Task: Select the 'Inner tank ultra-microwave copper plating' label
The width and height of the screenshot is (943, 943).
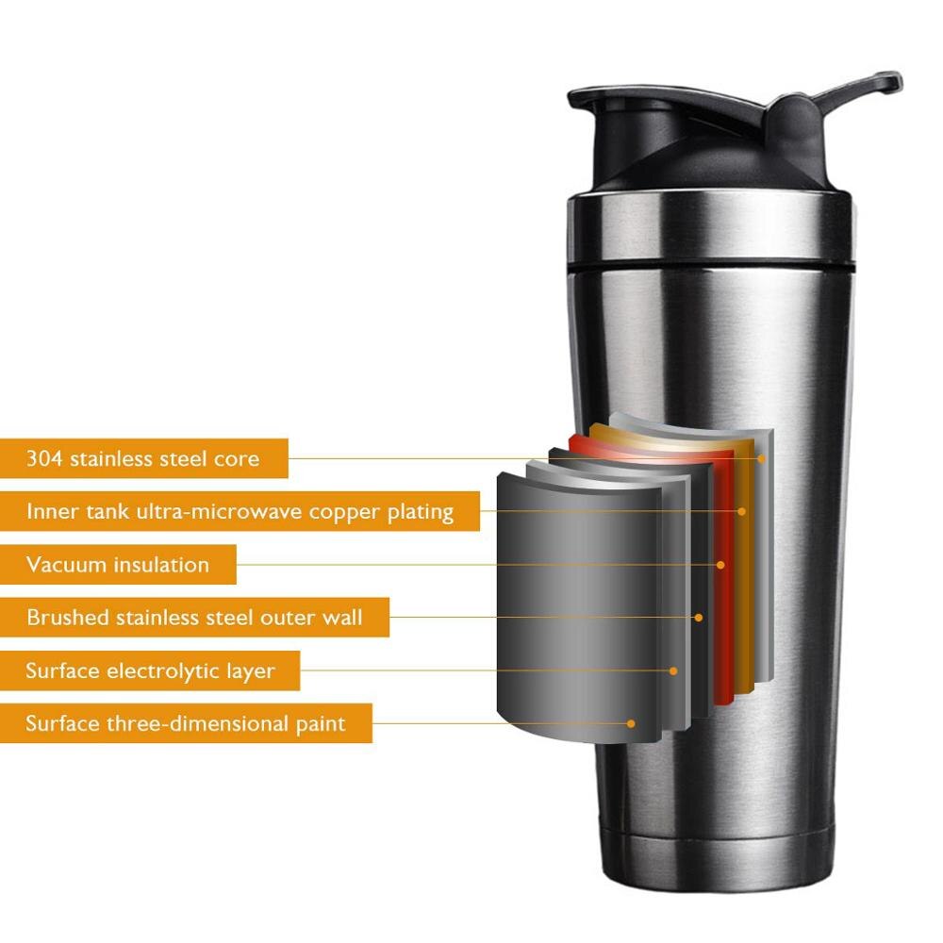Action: (x=240, y=512)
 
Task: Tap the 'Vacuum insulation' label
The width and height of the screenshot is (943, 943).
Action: (x=118, y=565)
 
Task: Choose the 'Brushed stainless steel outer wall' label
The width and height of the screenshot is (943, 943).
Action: (x=194, y=618)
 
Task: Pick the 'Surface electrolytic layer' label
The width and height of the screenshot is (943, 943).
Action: (x=150, y=671)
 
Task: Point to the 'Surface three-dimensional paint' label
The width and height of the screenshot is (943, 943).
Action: (x=186, y=724)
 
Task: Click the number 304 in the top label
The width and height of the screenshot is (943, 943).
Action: (x=43, y=459)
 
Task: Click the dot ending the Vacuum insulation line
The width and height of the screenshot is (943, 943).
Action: (x=720, y=565)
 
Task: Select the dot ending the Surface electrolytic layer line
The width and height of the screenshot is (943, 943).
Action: (x=674, y=670)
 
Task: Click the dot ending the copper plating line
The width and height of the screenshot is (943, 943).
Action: (x=742, y=511)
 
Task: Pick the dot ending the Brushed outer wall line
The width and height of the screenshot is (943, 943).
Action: (x=699, y=618)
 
